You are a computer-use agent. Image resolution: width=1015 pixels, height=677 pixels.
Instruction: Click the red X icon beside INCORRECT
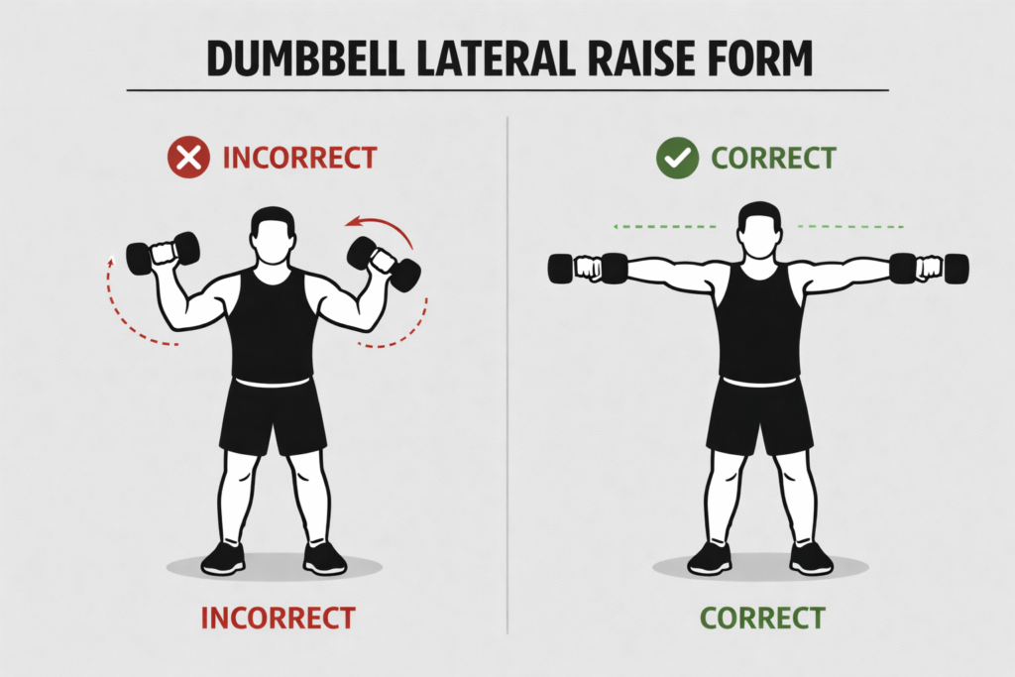[x=188, y=158]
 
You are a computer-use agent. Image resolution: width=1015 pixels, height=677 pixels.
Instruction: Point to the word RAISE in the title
[x=625, y=59]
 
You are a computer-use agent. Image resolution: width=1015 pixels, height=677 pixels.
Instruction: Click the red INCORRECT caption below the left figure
[x=278, y=618]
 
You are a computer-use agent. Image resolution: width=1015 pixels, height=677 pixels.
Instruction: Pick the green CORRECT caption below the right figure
[x=762, y=618]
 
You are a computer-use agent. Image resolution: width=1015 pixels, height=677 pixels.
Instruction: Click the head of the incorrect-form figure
[x=272, y=235]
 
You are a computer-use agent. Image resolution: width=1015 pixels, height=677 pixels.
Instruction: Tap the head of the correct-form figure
[x=759, y=229]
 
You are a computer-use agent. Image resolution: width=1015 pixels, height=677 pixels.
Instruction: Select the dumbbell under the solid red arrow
[x=384, y=263]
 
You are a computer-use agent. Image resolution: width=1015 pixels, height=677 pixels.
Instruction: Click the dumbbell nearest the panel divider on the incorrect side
[x=384, y=263]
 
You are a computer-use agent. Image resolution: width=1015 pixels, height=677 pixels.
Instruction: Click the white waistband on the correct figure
[x=759, y=382]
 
